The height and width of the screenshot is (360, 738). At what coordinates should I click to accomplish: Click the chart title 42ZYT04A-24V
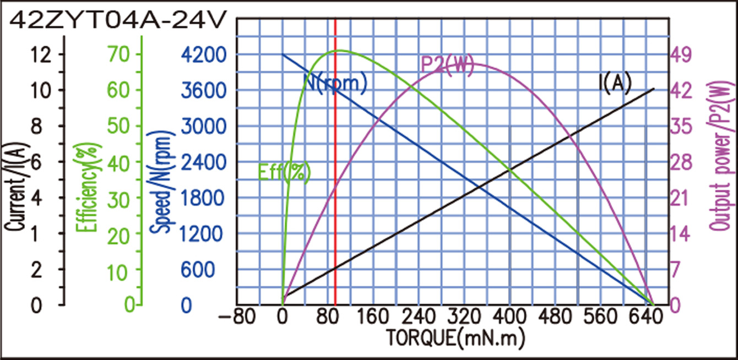coord(118,20)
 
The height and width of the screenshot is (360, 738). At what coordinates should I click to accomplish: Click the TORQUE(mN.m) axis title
coord(454,336)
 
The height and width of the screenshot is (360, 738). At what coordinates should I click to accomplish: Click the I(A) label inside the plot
coord(614,83)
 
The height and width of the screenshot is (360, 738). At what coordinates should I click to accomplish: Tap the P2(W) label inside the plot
coord(447,65)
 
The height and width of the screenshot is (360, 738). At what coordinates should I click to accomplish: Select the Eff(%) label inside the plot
coord(284,172)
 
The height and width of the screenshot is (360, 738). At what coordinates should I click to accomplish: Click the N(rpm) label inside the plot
coord(335,83)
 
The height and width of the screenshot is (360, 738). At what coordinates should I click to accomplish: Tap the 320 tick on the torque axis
coord(464,318)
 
